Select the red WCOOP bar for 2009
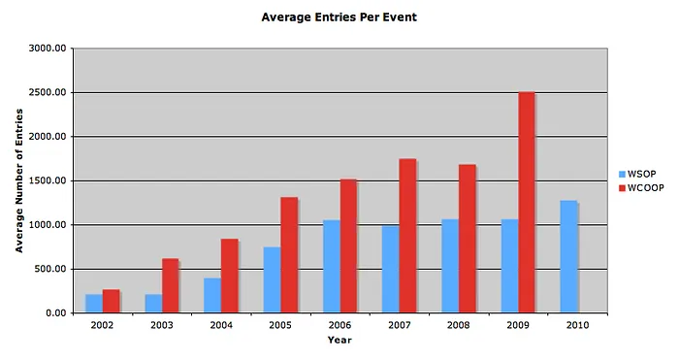point(527,203)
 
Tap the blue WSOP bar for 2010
point(568,257)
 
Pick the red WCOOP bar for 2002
point(111,302)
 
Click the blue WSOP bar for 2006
point(332,267)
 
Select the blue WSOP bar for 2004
point(212,296)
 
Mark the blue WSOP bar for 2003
point(153,304)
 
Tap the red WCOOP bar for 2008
point(468,239)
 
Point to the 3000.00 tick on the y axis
point(48,49)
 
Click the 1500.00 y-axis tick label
point(48,180)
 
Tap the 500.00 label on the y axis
point(50,269)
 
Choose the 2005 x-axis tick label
point(280,325)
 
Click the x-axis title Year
point(339,340)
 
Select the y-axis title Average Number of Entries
point(19,180)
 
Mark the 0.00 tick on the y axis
point(56,313)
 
